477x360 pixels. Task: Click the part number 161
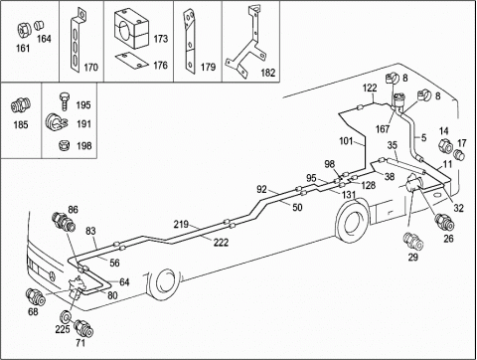coord(23,49)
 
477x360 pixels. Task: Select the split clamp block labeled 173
coord(131,28)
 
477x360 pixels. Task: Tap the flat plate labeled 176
coord(132,61)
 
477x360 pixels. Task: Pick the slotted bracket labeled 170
coord(77,41)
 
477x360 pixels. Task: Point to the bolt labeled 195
coord(65,100)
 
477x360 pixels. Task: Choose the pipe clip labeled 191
coord(56,123)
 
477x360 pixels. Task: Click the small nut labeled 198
coord(63,145)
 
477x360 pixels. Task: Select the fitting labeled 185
coord(21,104)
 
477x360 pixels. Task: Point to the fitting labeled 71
coord(83,328)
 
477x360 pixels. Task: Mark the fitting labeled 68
coord(35,297)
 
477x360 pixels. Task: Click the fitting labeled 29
coord(413,241)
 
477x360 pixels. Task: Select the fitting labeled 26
coord(444,222)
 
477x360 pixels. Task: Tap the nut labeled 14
coord(445,146)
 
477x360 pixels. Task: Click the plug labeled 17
coord(459,154)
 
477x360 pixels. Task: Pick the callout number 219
coord(181,225)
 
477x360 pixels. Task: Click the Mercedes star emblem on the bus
coord(53,274)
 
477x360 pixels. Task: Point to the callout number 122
coord(370,88)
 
